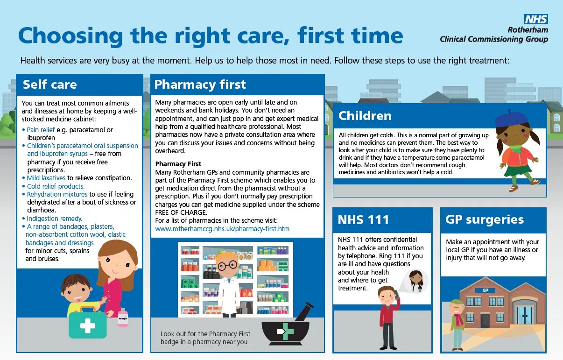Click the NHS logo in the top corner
coord(535,19)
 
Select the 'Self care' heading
coord(49,85)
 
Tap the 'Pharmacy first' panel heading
coord(200,85)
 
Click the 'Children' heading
coord(365,116)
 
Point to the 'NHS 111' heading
coord(363,220)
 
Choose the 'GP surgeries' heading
coord(485,219)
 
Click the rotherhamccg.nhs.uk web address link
coord(222,229)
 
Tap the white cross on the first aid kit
coord(87,326)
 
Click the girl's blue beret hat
coord(511,119)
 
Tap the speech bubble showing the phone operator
coord(415,281)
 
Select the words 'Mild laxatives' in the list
coord(46,178)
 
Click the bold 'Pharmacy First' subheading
coord(178,164)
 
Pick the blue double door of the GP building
coord(524,315)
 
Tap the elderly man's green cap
coord(457,303)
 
